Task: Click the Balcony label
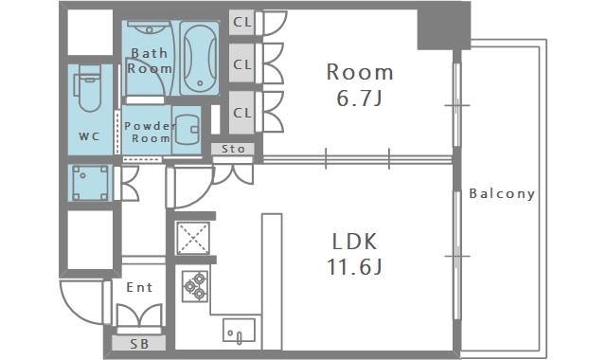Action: [x=502, y=193]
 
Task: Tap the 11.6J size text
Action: [x=355, y=266]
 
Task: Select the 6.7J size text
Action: [x=360, y=98]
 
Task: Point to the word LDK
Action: [x=354, y=242]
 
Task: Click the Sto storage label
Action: [x=233, y=149]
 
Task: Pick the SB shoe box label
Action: [x=139, y=344]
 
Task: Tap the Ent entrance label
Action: [x=139, y=287]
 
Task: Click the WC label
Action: [x=89, y=136]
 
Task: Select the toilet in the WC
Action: [x=89, y=88]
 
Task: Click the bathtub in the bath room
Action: [x=200, y=58]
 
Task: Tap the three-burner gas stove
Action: [x=195, y=286]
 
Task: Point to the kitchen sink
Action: [x=239, y=331]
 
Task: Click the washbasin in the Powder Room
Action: [x=187, y=130]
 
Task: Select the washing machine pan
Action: [x=90, y=183]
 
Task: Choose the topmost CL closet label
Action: [x=242, y=22]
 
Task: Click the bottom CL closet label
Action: [x=242, y=113]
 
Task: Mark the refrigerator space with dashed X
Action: [x=193, y=238]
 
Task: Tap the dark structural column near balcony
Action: [x=444, y=26]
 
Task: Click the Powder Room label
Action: [x=150, y=132]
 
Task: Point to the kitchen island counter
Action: [x=272, y=281]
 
